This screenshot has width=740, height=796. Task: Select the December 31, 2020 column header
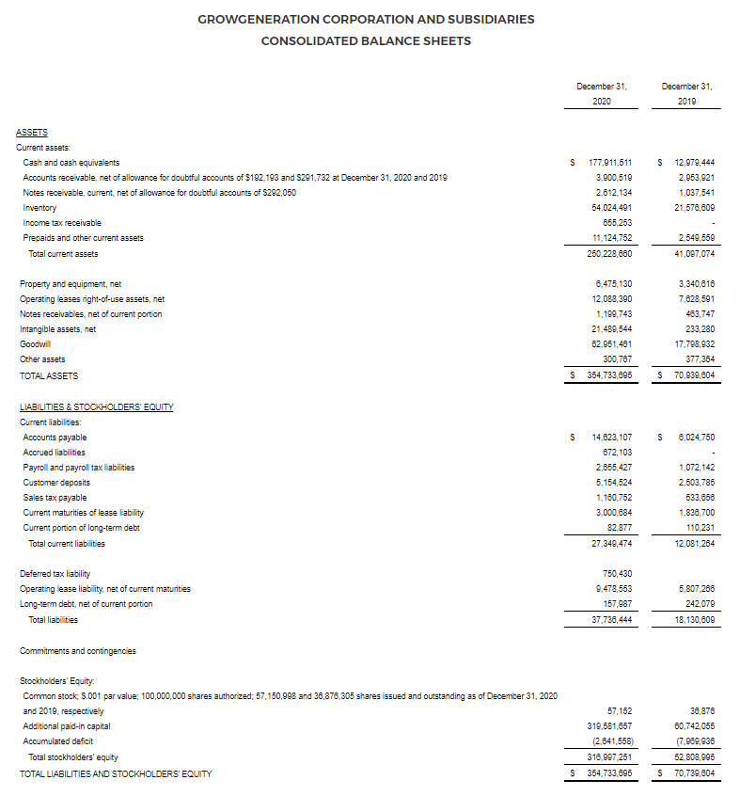(602, 93)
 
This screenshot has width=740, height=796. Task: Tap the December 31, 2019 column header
(686, 93)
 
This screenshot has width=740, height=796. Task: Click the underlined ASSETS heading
(32, 133)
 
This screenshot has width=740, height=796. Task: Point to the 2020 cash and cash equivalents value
(609, 163)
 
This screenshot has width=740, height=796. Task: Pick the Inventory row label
(39, 208)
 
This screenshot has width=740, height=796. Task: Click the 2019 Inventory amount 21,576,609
(695, 208)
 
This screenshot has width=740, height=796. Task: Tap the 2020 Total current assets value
(609, 254)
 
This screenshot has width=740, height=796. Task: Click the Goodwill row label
(36, 344)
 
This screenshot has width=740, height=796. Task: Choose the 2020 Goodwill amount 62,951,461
(611, 344)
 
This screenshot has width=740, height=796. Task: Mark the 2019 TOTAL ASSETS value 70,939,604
(694, 375)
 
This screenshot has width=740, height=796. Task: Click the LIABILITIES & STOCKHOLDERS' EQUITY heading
(96, 407)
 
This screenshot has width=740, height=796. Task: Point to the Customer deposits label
(56, 483)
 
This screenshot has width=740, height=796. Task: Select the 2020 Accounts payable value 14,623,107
(611, 438)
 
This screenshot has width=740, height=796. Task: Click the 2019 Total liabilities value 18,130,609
(694, 620)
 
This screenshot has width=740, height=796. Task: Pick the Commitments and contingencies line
(77, 651)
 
